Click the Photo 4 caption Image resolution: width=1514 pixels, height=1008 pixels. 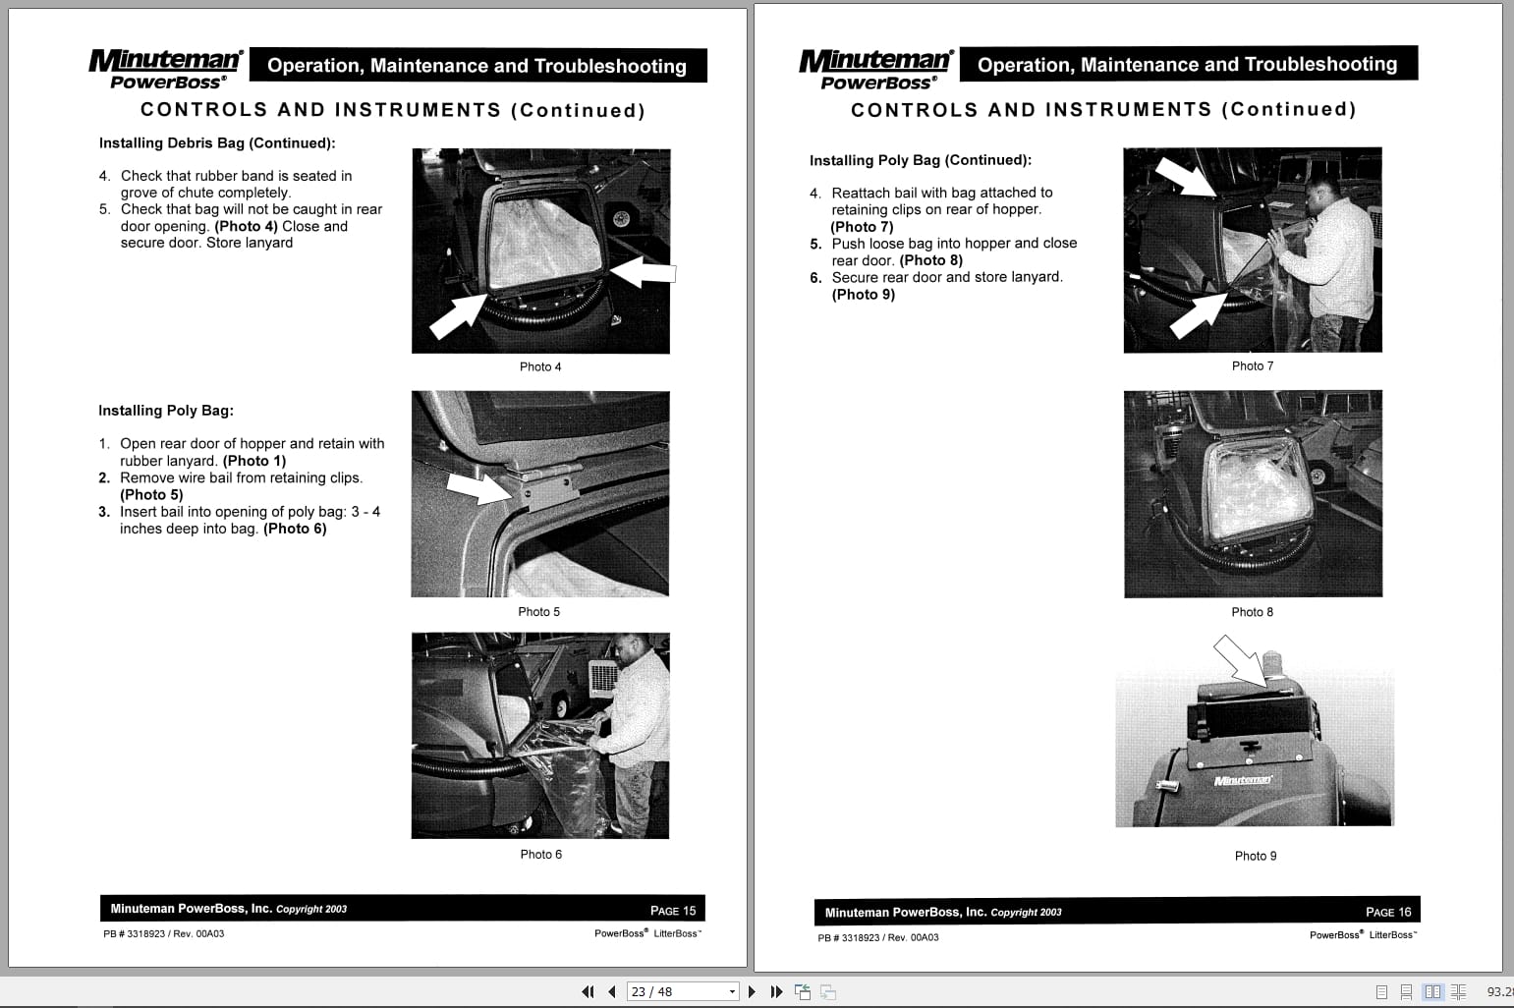point(540,366)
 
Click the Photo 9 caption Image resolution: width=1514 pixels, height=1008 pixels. point(1255,856)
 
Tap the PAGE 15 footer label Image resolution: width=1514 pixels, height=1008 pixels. point(672,911)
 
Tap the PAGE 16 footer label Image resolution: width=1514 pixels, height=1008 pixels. point(1387,912)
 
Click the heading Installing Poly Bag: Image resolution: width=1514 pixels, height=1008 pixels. point(166,411)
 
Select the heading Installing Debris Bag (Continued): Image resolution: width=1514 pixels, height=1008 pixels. point(217,143)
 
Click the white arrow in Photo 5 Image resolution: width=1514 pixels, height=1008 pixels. point(478,485)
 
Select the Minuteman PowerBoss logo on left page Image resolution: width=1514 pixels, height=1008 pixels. point(165,68)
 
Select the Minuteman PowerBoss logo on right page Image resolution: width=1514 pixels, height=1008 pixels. point(875,68)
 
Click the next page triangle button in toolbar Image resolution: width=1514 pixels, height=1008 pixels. point(753,991)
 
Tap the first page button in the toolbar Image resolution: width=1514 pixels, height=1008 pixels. point(588,991)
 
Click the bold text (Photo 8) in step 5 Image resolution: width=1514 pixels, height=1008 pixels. point(930,260)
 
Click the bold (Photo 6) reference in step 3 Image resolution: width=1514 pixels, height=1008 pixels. point(295,529)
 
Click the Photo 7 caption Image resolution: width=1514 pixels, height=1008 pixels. point(1252,365)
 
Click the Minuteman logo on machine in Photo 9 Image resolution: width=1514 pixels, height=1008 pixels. point(1242,780)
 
